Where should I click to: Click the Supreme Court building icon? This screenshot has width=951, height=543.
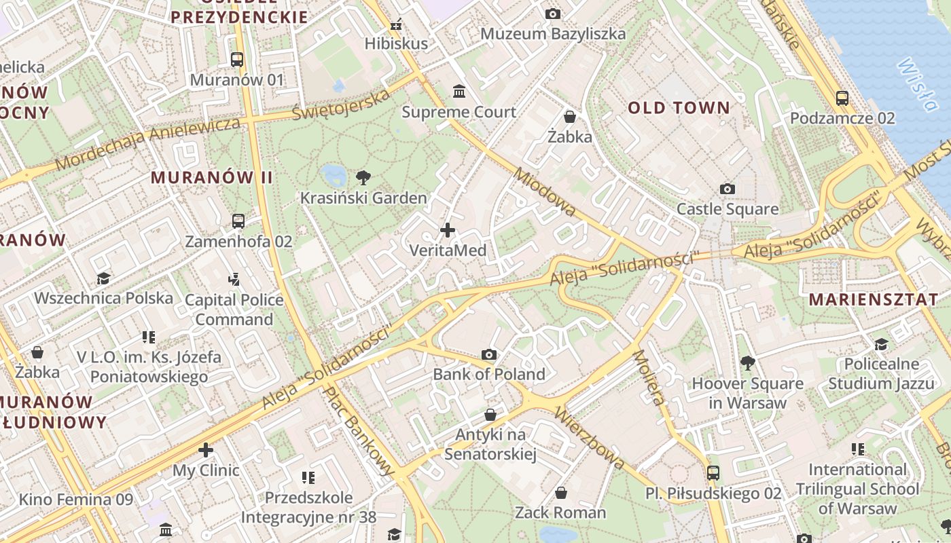coord(459,92)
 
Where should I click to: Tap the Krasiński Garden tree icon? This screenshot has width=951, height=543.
coord(363,178)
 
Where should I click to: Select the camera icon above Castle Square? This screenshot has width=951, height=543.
coord(728,189)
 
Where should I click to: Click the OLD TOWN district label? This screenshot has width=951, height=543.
coord(679,108)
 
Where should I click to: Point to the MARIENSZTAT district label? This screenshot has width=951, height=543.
coord(874,299)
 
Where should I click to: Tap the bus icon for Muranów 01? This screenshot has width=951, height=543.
coord(237,60)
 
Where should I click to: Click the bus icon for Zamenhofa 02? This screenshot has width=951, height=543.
coord(238,221)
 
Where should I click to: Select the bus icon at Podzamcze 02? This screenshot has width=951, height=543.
coord(842,98)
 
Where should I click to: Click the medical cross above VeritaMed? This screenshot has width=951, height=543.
coord(448,230)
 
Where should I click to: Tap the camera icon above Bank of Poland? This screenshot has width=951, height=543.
coord(488,354)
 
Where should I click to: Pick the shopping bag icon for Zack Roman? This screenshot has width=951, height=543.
coord(560,493)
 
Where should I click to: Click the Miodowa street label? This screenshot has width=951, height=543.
coord(545,193)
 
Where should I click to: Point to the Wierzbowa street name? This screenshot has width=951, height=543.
coord(590,438)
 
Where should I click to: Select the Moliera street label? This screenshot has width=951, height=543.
coord(649,377)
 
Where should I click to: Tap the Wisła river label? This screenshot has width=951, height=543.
coord(918,85)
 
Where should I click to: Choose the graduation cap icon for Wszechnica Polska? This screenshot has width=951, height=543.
coord(103,278)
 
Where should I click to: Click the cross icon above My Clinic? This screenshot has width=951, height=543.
coord(206,450)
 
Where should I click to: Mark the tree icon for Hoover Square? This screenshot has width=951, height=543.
coord(748,363)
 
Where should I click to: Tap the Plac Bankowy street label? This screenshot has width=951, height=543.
coord(360,430)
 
